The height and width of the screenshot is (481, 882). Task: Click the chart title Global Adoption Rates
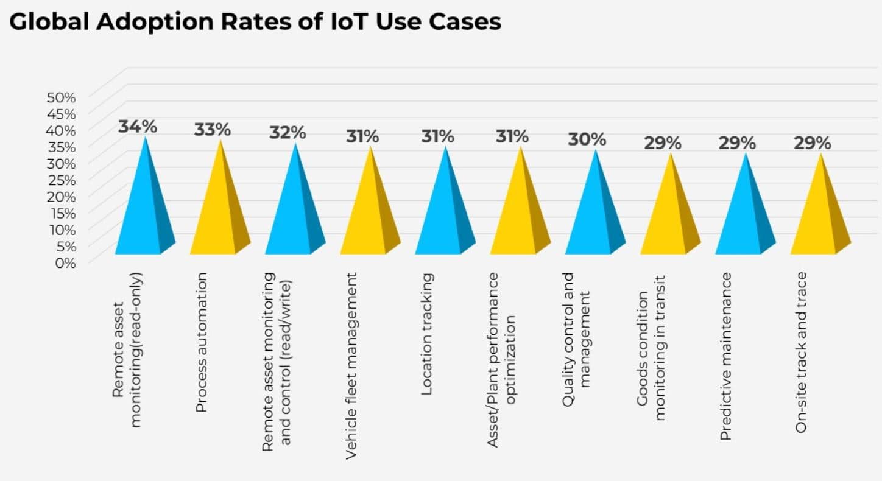pos(255,23)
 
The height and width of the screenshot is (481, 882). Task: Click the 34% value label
pos(138,127)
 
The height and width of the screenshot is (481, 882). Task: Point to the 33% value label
pos(213,130)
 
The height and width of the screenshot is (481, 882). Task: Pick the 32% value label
pos(288,132)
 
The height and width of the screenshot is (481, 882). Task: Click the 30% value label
pos(587,139)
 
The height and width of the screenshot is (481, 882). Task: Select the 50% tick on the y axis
pos(61,97)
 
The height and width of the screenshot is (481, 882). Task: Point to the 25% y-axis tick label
pos(61,180)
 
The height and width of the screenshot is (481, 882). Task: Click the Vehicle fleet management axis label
pos(351,365)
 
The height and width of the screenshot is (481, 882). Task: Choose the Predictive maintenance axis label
pos(726,356)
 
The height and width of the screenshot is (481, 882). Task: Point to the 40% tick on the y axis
pos(61,130)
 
